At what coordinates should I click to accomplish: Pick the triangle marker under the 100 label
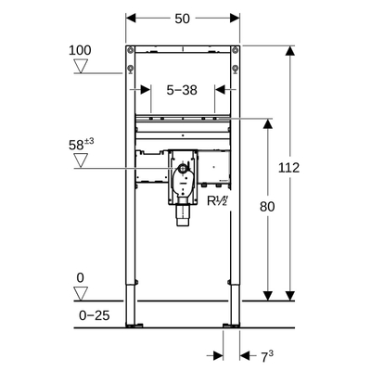point(81,66)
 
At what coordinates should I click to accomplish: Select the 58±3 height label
point(82,144)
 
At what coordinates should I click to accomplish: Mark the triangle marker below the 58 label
point(81,160)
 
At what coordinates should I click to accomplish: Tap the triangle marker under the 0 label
point(81,294)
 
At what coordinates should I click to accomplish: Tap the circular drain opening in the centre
point(182,173)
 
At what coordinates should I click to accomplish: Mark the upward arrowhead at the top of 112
point(290,48)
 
